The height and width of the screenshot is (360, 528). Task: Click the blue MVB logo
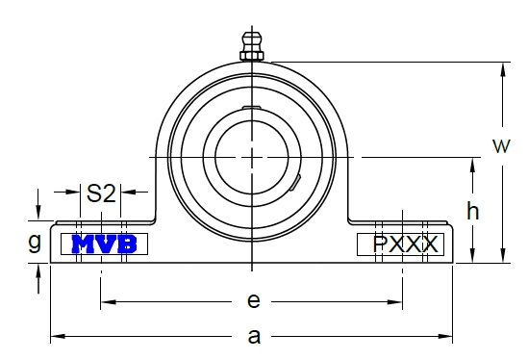point(105,244)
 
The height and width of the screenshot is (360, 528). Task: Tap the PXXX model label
point(406,244)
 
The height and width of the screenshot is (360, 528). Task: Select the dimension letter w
point(501,146)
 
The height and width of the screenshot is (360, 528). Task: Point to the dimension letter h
point(473,211)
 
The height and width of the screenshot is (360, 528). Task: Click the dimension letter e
point(254,300)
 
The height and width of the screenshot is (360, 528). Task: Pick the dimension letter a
point(254,336)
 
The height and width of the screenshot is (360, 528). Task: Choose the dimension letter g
point(35,242)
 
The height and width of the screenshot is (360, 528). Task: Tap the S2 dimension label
point(101,193)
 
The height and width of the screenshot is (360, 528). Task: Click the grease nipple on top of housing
point(252,46)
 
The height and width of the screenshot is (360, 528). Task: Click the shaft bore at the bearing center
point(252,157)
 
